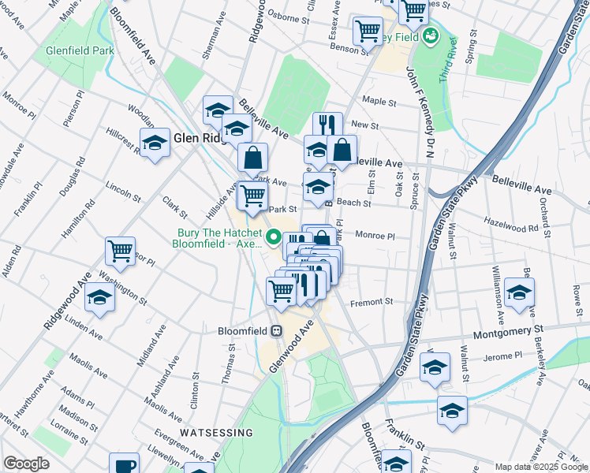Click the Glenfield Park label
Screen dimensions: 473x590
click(x=79, y=50)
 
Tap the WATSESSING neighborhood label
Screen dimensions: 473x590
click(x=215, y=433)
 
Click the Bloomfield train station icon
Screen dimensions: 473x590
click(x=277, y=331)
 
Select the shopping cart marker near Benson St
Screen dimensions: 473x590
click(x=368, y=32)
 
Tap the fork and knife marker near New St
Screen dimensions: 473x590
click(x=327, y=125)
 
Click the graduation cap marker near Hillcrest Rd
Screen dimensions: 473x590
click(x=155, y=143)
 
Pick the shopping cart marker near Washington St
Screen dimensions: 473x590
click(x=121, y=251)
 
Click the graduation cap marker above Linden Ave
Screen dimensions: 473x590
click(x=100, y=298)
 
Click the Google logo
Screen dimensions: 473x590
click(x=26, y=464)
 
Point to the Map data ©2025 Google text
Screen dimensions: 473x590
click(x=540, y=467)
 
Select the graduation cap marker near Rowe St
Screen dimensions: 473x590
click(x=519, y=292)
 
